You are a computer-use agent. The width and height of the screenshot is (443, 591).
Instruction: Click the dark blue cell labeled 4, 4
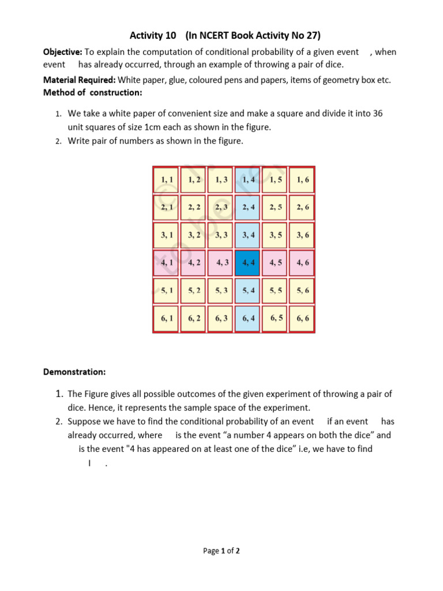tap(249, 263)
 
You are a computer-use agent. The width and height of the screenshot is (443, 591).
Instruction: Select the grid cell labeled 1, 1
tap(167, 179)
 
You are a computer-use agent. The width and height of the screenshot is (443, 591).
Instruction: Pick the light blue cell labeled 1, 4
tap(249, 179)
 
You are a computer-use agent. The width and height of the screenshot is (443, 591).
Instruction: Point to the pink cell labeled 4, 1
tap(167, 263)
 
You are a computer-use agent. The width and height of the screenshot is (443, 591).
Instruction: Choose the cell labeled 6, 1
tap(167, 319)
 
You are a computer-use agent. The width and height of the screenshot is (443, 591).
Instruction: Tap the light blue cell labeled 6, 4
tap(249, 319)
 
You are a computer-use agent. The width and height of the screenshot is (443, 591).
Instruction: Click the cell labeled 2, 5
tap(276, 207)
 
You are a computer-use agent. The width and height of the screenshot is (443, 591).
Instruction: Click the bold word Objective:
tap(63, 53)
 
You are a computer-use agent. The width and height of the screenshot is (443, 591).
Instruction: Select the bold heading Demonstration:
tap(74, 372)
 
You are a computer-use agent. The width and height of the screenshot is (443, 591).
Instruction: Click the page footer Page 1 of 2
tap(221, 551)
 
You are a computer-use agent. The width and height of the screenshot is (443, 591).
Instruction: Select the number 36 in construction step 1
tap(377, 114)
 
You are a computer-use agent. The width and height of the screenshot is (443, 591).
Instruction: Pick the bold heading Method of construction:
tap(92, 92)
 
